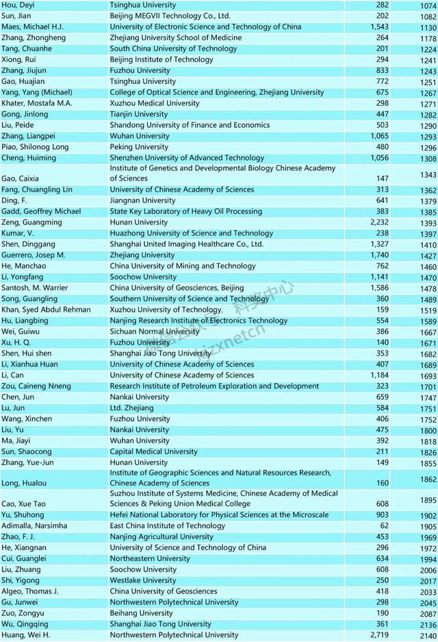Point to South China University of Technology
click(173, 49)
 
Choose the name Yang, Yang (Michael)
click(37, 92)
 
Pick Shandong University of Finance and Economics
click(190, 125)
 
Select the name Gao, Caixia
click(21, 178)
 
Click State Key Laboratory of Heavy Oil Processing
click(185, 211)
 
